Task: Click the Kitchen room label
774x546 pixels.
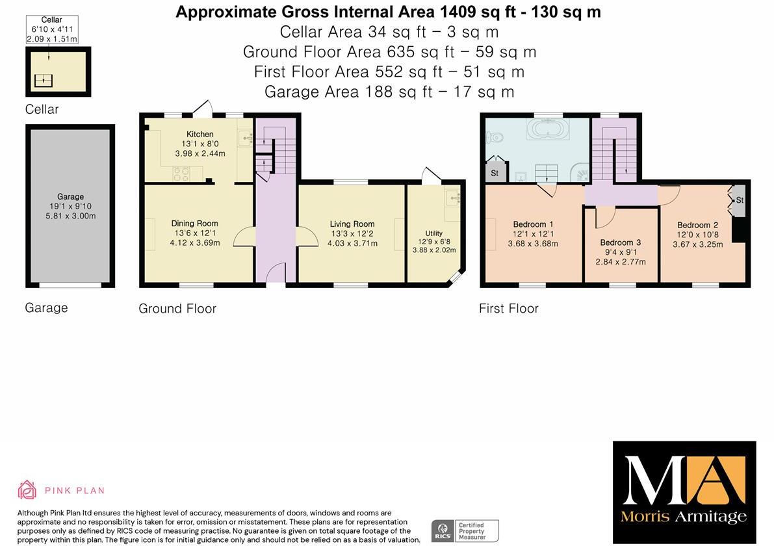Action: pos(200,134)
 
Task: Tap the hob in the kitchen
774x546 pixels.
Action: pos(181,174)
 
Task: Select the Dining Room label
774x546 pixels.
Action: pos(194,224)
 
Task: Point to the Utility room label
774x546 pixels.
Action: pos(433,233)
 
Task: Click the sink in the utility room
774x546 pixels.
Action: pos(452,196)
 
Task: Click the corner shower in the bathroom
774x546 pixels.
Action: pos(580,172)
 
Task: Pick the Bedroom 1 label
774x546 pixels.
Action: pos(533,224)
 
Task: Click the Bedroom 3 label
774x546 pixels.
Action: pos(620,242)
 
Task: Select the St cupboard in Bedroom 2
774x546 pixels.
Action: pos(738,200)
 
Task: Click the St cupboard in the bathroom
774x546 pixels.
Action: pos(495,173)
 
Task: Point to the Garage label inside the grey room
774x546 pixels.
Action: pos(70,196)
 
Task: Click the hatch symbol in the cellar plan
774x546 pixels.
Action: pos(44,81)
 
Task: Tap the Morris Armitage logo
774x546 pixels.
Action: pos(684,492)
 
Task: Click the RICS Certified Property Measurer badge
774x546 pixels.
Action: pos(465,530)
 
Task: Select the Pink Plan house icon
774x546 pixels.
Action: pos(27,490)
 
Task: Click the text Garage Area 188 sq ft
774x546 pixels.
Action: pos(389,92)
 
